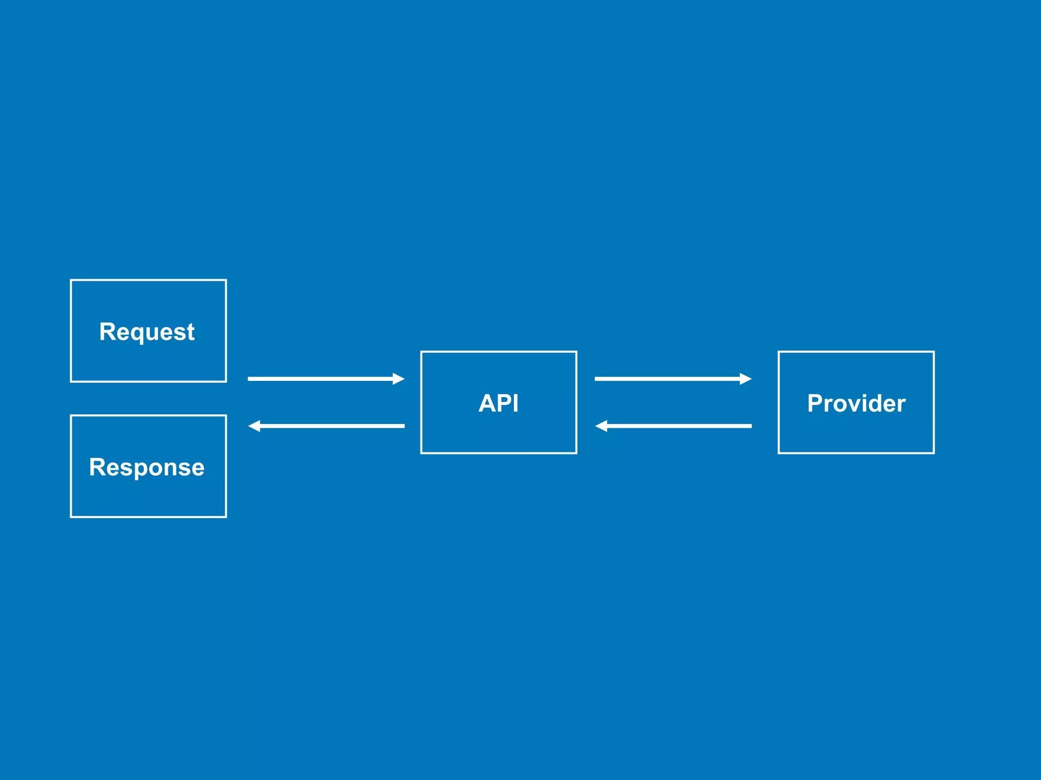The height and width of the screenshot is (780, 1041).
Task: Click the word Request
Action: [147, 332]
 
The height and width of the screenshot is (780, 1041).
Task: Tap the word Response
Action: [147, 467]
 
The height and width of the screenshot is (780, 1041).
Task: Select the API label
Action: [499, 403]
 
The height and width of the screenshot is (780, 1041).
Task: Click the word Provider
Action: [856, 403]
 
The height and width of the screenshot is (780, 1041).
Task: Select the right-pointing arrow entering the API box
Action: [325, 379]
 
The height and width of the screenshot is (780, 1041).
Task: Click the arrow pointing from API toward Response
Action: [325, 426]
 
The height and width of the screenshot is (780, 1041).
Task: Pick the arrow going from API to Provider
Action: [672, 379]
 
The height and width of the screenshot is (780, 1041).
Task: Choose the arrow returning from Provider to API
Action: [672, 426]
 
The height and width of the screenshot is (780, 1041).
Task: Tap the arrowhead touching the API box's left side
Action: [399, 379]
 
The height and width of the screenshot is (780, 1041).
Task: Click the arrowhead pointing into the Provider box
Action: [746, 379]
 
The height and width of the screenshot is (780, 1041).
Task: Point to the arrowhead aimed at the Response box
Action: [254, 426]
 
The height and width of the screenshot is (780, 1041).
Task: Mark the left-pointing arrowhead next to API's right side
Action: [601, 426]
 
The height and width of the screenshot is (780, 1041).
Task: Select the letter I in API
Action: [515, 403]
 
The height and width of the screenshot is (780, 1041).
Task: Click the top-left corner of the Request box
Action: [71, 280]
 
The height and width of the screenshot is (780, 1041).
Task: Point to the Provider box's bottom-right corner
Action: [934, 453]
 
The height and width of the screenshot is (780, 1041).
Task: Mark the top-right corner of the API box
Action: [576, 352]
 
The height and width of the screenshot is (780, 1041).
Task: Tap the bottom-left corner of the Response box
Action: [71, 517]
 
